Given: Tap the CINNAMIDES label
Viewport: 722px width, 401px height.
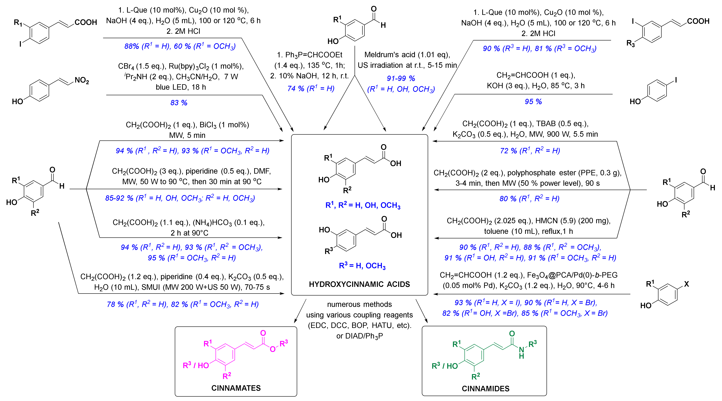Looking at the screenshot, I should [x=485, y=389].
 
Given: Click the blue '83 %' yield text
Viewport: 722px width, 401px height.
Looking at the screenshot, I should [x=179, y=103].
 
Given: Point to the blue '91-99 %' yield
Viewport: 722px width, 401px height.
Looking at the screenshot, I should [x=401, y=79].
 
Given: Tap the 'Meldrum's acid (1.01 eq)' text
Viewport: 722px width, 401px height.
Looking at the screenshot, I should [x=407, y=55].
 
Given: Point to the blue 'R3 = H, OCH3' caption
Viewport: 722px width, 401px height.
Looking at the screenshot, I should [x=362, y=266].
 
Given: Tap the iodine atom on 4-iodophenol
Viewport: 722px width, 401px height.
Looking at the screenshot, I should [x=676, y=80].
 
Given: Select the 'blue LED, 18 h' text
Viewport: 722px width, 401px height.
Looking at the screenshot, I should [x=181, y=87].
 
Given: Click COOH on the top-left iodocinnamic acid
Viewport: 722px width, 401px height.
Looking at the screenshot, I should [x=86, y=22].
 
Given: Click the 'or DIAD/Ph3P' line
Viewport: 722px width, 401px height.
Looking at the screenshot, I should [x=359, y=336].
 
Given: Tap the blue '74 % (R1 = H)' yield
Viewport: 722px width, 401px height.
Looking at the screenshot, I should [x=311, y=89].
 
